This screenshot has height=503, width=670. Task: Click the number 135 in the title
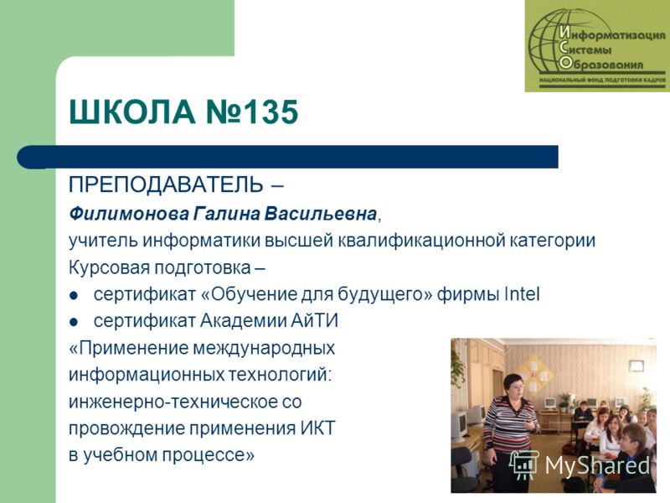[x=271, y=112]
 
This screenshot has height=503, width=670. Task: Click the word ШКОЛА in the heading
[x=132, y=112]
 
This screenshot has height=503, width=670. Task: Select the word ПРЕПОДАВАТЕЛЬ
[x=166, y=184]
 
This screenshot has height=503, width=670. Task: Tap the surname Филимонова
[x=129, y=214]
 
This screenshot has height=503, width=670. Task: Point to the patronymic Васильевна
[x=320, y=214]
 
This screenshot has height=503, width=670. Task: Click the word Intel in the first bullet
[x=522, y=294]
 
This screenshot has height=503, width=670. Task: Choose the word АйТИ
[x=315, y=321]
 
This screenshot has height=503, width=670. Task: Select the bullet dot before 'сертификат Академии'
[x=74, y=322]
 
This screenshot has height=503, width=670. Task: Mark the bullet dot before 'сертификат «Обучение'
[x=74, y=296]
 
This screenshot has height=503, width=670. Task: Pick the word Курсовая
[x=109, y=268]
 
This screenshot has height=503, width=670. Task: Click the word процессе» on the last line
[x=208, y=455]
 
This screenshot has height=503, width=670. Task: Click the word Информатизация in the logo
[x=612, y=34]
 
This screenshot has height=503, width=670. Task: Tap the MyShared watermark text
[x=597, y=465]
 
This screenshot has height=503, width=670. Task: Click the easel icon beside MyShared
[x=523, y=465]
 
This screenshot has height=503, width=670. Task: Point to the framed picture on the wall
[x=636, y=366]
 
